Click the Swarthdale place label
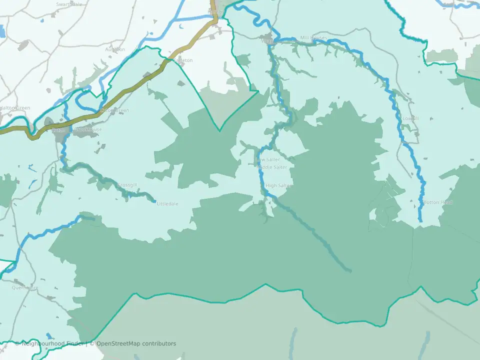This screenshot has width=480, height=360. [x=69, y=4]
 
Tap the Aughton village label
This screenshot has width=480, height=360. [x=115, y=49]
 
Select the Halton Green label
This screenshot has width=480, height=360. [x=15, y=108]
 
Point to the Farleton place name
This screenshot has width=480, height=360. [x=182, y=60]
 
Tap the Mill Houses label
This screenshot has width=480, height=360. [x=313, y=38]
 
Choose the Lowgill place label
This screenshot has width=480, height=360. [x=410, y=118]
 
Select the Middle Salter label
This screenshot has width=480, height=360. [x=273, y=167]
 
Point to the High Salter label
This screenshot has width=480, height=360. [x=278, y=185]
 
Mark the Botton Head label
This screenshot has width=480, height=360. [x=438, y=202]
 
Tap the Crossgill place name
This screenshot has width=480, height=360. [x=127, y=185]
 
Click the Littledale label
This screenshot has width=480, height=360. [x=167, y=204]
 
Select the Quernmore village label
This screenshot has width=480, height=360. [x=25, y=287]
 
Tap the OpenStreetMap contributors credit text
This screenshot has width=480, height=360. [x=135, y=343]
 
